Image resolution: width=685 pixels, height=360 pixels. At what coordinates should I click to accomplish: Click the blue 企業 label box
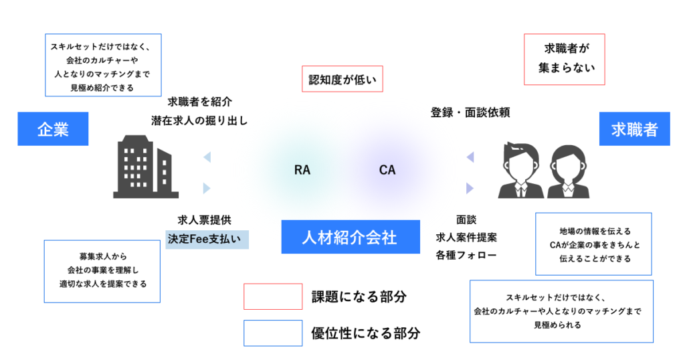click(x=53, y=128)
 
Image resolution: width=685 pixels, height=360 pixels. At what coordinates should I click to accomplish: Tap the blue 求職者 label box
click(x=634, y=128)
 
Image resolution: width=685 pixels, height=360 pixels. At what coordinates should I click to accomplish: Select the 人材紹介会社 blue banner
click(x=351, y=237)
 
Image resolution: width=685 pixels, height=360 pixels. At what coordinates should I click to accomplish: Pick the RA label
click(x=302, y=170)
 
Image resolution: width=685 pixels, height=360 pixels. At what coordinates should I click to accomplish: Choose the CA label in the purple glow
click(x=387, y=170)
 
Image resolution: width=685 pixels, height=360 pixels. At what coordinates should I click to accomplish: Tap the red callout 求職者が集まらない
click(x=565, y=59)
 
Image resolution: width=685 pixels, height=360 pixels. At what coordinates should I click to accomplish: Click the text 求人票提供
click(x=205, y=220)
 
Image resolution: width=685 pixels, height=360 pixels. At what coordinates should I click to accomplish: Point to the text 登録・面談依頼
click(x=470, y=112)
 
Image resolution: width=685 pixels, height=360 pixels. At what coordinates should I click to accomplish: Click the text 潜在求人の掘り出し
click(x=199, y=121)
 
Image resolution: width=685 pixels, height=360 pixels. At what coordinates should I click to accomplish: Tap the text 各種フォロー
click(x=466, y=255)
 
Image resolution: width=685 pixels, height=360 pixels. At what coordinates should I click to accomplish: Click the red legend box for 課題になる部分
click(x=272, y=296)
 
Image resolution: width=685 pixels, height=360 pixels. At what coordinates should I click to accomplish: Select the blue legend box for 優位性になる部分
click(x=272, y=333)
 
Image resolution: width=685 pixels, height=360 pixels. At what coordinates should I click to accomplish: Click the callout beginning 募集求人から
click(x=102, y=271)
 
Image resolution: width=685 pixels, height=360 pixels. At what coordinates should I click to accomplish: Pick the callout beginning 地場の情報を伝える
click(x=594, y=244)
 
